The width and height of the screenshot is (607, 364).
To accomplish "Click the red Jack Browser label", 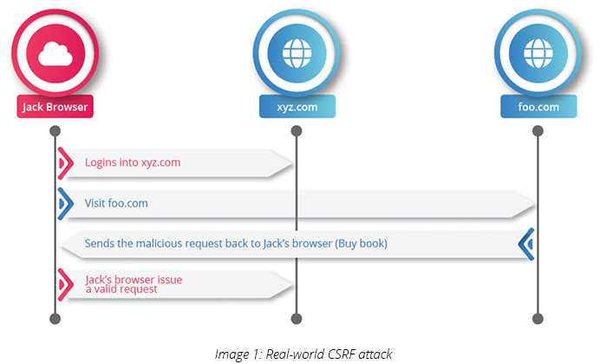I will (54, 108).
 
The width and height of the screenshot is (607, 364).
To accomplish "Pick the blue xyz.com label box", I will (296, 108).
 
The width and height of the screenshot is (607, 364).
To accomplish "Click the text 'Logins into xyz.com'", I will (133, 162).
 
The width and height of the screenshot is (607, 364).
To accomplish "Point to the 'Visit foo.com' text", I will (116, 203).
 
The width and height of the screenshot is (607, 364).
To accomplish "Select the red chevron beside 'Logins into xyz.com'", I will (64, 162).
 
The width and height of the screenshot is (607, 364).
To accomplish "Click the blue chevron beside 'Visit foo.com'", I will (64, 203).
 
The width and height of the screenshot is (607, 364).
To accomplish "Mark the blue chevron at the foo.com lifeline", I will (525, 244).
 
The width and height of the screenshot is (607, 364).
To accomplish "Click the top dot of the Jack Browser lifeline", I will (54, 131).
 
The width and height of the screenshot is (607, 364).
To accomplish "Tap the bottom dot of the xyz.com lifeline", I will (296, 319).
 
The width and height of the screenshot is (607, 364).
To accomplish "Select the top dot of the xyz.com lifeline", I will (296, 131).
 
